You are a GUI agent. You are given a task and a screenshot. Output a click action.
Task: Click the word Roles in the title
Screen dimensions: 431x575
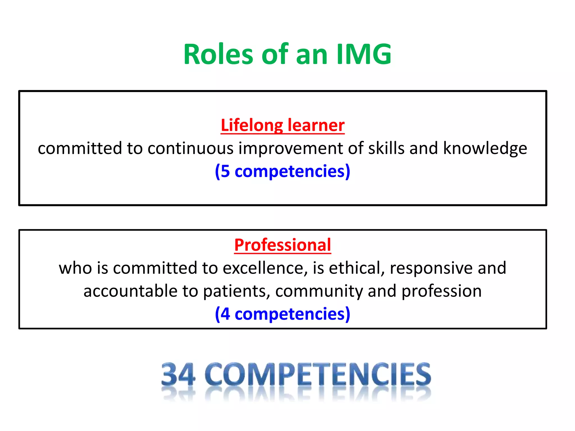point(218,54)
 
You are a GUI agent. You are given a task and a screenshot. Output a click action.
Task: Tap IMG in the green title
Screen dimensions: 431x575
point(364,54)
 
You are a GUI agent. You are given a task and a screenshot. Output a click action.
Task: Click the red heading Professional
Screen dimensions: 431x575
point(282,245)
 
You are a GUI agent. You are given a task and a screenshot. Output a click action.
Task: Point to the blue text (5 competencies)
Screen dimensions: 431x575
point(282,171)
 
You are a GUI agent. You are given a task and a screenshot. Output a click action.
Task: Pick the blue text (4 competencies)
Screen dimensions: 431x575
point(282,314)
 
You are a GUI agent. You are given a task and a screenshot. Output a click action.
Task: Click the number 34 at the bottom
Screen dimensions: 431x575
point(178,375)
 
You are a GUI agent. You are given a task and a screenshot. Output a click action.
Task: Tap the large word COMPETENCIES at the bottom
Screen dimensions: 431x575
point(318,375)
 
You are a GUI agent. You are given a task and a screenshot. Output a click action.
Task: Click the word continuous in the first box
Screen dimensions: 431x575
point(190,148)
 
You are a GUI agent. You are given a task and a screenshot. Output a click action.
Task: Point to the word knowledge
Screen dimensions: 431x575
point(485,149)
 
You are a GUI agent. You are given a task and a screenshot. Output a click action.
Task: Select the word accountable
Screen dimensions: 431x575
point(131,291)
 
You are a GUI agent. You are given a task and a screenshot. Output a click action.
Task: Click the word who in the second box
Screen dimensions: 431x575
point(75,268)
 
